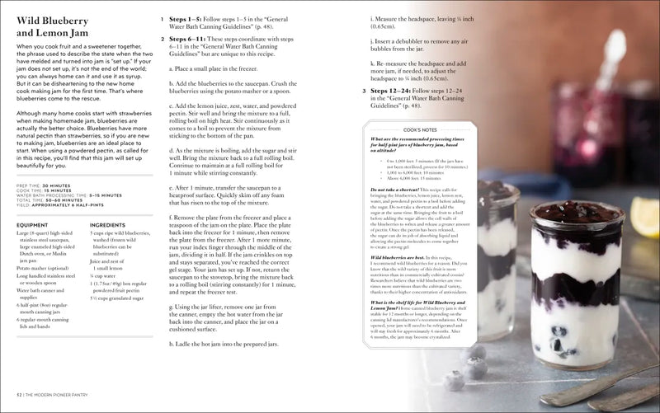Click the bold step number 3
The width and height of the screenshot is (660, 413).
coord(363,90)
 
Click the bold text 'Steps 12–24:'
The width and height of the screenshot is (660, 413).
coord(393,90)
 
